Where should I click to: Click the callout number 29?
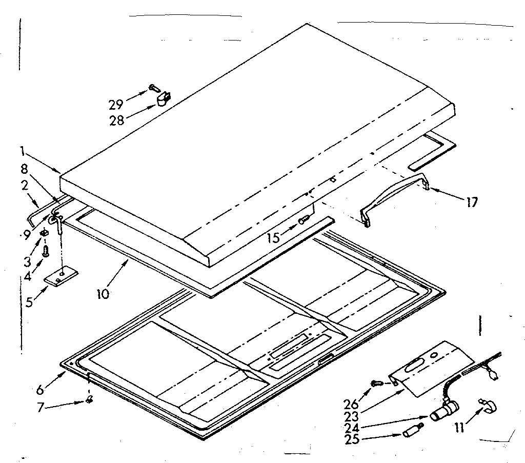[116, 104]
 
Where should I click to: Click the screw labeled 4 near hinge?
[45, 251]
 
